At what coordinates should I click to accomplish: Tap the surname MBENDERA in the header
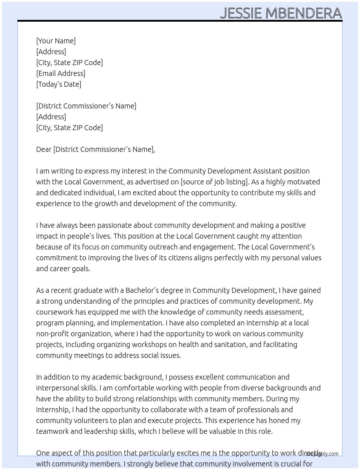pos(304,13)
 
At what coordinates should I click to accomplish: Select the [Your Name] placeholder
pos(56,41)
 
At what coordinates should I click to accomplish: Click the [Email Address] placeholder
pos(61,73)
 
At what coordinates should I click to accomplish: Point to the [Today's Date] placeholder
pos(59,84)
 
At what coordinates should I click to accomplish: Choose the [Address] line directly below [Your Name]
pos(51,52)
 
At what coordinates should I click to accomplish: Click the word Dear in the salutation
pos(44,149)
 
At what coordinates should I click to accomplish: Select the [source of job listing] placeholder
pos(215,182)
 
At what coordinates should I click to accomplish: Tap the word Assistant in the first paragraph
pos(267,171)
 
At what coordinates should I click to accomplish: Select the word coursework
pos(55,312)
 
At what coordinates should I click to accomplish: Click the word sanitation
pos(230,345)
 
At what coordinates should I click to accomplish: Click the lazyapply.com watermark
pos(322,453)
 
